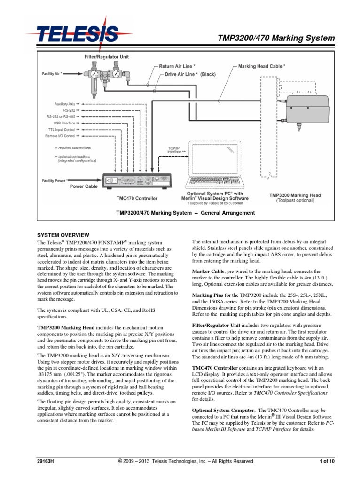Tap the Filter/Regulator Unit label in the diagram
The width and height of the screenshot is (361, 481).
pyautogui.click(x=106, y=57)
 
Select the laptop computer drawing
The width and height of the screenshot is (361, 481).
pyautogui.click(x=214, y=167)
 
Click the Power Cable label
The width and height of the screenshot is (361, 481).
pyautogui.click(x=84, y=186)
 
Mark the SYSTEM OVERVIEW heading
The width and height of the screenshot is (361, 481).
pyautogui.click(x=63, y=234)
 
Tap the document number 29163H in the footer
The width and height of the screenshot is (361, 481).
pyautogui.click(x=46, y=462)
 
